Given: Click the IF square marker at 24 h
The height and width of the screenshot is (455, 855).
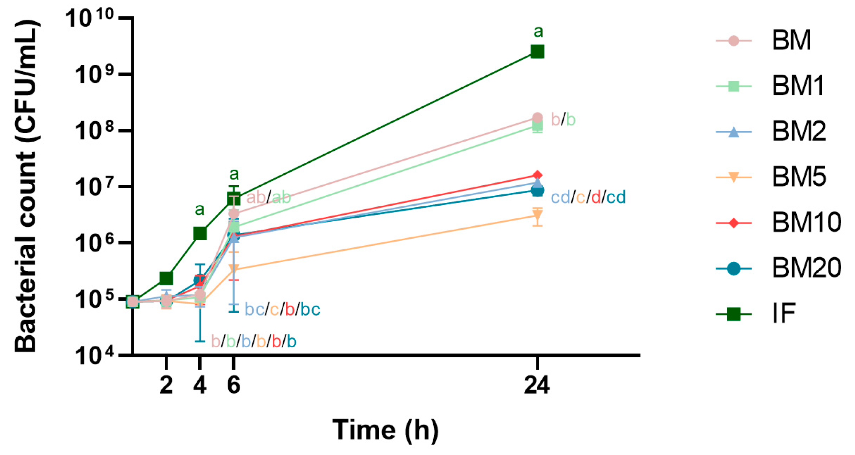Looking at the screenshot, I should [537, 52].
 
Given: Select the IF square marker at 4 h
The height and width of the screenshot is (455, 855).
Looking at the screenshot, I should [200, 233].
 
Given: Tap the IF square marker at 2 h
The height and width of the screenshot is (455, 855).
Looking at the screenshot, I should [166, 278].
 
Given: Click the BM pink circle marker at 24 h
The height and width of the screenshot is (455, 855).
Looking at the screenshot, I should [537, 118].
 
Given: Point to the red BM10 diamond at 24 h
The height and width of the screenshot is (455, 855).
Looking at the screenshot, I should [537, 175].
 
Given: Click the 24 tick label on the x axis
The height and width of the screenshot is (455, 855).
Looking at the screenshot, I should [537, 385].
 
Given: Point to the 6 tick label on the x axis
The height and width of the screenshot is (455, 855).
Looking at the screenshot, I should [233, 385].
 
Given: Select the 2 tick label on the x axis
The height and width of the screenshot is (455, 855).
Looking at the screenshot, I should [166, 385].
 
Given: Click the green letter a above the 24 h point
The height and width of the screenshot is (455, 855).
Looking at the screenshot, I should [538, 32].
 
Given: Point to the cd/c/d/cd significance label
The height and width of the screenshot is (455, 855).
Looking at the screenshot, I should [588, 197].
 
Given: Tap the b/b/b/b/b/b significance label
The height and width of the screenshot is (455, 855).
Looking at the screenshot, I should [254, 341].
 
